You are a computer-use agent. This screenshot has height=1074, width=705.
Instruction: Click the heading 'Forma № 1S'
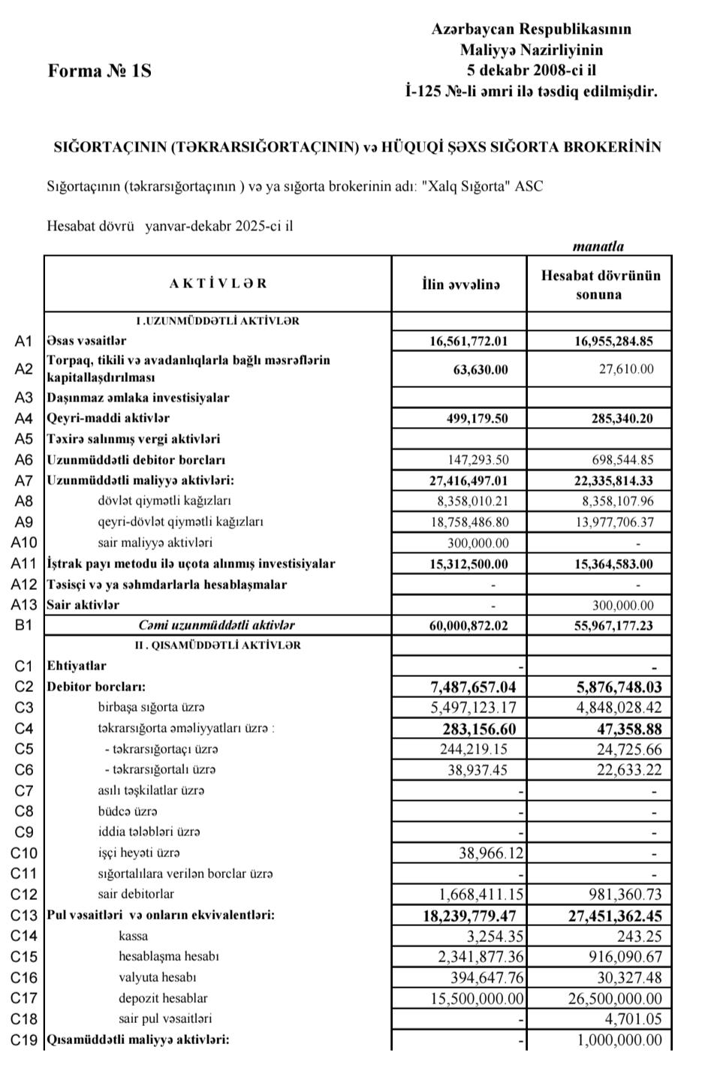click(x=99, y=71)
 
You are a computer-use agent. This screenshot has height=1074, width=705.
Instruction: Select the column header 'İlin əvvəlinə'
click(x=460, y=284)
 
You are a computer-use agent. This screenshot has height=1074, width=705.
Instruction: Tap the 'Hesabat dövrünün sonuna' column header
click(x=600, y=284)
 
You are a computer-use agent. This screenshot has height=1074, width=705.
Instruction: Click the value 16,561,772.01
click(x=468, y=341)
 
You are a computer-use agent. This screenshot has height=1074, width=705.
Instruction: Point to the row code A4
click(x=24, y=419)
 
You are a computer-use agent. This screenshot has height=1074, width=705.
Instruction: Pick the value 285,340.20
click(x=622, y=419)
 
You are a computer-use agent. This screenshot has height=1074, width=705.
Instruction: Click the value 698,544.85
click(x=622, y=460)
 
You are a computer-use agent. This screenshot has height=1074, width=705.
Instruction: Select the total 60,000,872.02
click(x=468, y=625)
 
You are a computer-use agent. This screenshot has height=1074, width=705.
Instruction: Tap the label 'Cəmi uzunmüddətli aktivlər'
click(x=216, y=625)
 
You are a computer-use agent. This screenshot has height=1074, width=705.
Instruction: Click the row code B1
click(x=24, y=625)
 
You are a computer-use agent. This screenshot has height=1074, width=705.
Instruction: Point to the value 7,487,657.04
click(x=473, y=687)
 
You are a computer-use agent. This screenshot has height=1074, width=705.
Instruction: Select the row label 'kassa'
click(x=134, y=936)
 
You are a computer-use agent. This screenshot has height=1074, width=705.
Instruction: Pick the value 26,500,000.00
click(x=613, y=998)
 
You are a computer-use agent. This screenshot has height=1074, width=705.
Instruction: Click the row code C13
click(x=24, y=916)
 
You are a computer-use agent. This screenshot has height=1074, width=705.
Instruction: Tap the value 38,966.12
click(x=491, y=853)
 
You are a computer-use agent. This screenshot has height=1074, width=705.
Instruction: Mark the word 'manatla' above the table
click(x=598, y=246)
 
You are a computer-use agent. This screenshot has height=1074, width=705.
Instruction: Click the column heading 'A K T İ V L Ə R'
click(x=218, y=284)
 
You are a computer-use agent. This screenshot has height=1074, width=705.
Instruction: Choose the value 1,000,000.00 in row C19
click(x=619, y=1040)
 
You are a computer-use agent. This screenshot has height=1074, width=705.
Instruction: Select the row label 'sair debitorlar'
click(x=136, y=895)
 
